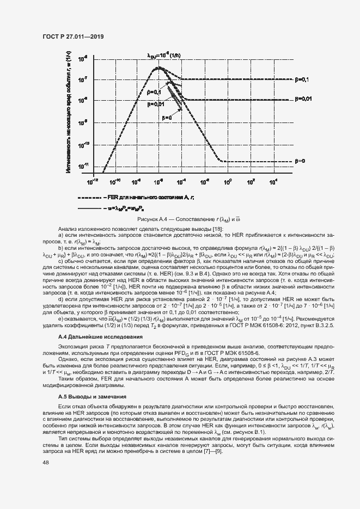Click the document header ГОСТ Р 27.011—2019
[x=72, y=36]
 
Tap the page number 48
[x=46, y=463]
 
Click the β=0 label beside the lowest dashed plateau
[x=300, y=161]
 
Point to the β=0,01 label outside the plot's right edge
[x=303, y=99]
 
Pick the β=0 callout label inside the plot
[x=166, y=116]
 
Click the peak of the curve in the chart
[x=158, y=68]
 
